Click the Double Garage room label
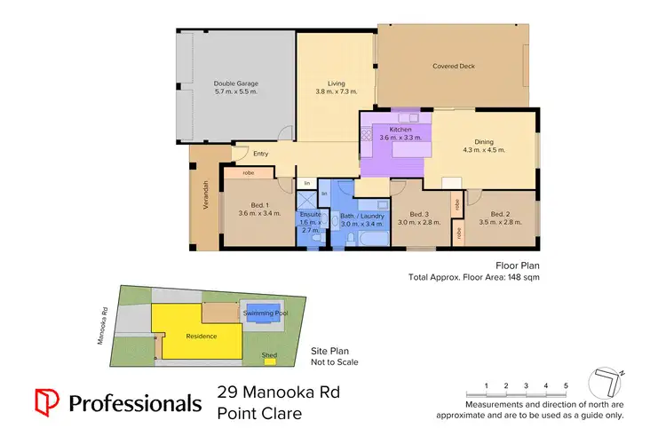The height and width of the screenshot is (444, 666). tap(235, 83)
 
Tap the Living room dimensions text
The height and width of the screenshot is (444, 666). tap(337, 91)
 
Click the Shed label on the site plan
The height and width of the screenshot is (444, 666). tap(269, 355)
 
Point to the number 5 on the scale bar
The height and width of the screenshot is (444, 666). tap(566, 385)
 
